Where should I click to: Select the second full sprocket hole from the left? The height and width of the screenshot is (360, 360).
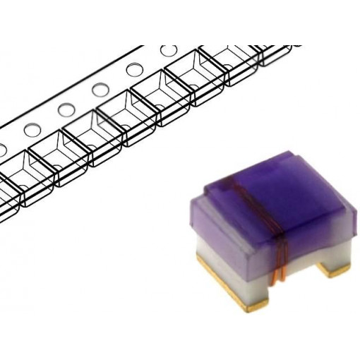66,109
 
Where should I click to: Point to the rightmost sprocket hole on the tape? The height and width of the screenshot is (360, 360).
169,50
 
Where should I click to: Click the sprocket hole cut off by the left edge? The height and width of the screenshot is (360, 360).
2,150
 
